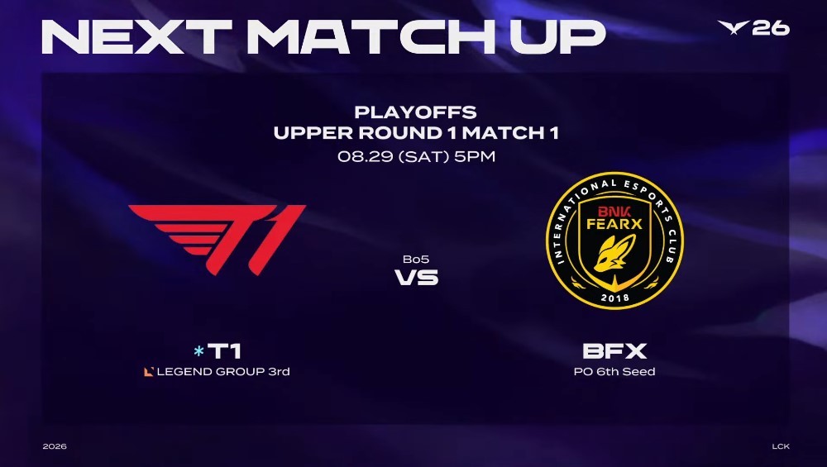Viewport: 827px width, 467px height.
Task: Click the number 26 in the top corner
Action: tap(771, 28)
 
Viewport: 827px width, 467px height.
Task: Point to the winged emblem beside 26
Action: tap(733, 27)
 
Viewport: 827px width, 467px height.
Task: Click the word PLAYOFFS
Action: tap(416, 112)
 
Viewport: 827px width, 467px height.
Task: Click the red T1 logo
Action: tap(218, 240)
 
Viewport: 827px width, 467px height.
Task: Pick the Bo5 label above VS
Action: tap(416, 259)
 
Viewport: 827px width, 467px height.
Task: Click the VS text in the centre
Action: tap(417, 277)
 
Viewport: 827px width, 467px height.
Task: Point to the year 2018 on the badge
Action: tap(615, 298)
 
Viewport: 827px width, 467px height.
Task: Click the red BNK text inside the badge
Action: tap(614, 212)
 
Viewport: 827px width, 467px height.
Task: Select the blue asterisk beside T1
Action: tap(198, 351)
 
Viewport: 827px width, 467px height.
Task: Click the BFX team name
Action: tap(614, 351)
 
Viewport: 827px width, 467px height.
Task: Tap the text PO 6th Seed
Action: tap(614, 372)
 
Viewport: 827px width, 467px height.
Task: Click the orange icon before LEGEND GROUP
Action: tap(149, 372)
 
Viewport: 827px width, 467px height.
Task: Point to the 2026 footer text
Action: tap(55, 446)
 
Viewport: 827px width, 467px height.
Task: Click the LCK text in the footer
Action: tap(781, 446)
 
